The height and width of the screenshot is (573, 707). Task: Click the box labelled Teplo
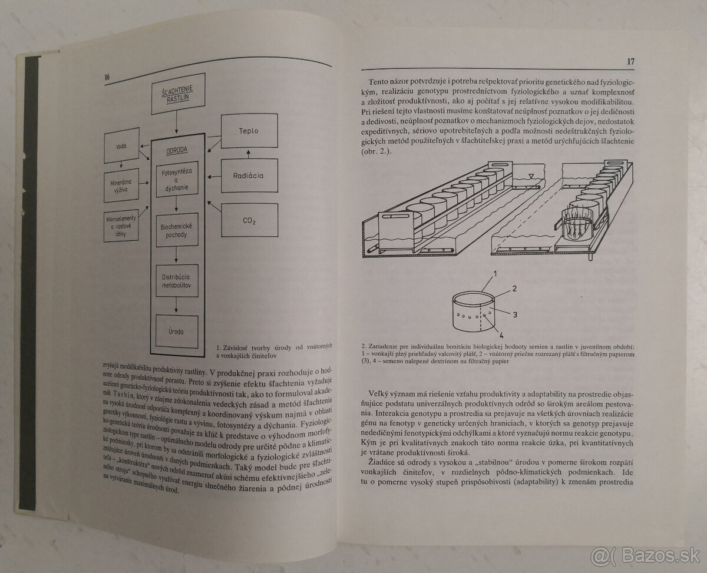point(250,131)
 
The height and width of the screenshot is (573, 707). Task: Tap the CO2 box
point(250,220)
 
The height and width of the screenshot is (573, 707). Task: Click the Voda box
point(122,145)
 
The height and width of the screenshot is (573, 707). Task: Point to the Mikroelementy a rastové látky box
point(121,227)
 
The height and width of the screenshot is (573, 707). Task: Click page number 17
point(631,62)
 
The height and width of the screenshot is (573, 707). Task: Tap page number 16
point(107,78)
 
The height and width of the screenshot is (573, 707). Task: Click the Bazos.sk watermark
point(652,555)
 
